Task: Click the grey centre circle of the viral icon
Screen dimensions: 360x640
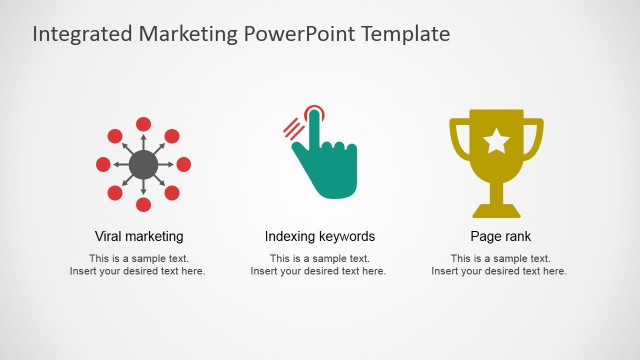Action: coord(143,164)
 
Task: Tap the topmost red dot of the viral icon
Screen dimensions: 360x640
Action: coord(143,124)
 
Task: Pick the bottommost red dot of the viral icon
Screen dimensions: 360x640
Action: coord(143,205)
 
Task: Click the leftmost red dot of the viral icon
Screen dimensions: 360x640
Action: coord(103,164)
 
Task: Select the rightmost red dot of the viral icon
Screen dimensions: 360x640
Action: coord(183,164)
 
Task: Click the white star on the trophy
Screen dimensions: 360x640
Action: coord(496,142)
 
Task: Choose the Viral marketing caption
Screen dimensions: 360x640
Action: coord(139,237)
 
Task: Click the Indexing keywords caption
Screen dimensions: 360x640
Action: coord(320,237)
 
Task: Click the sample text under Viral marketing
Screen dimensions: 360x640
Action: coord(138,265)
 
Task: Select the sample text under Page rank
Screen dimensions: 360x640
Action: coord(499,265)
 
